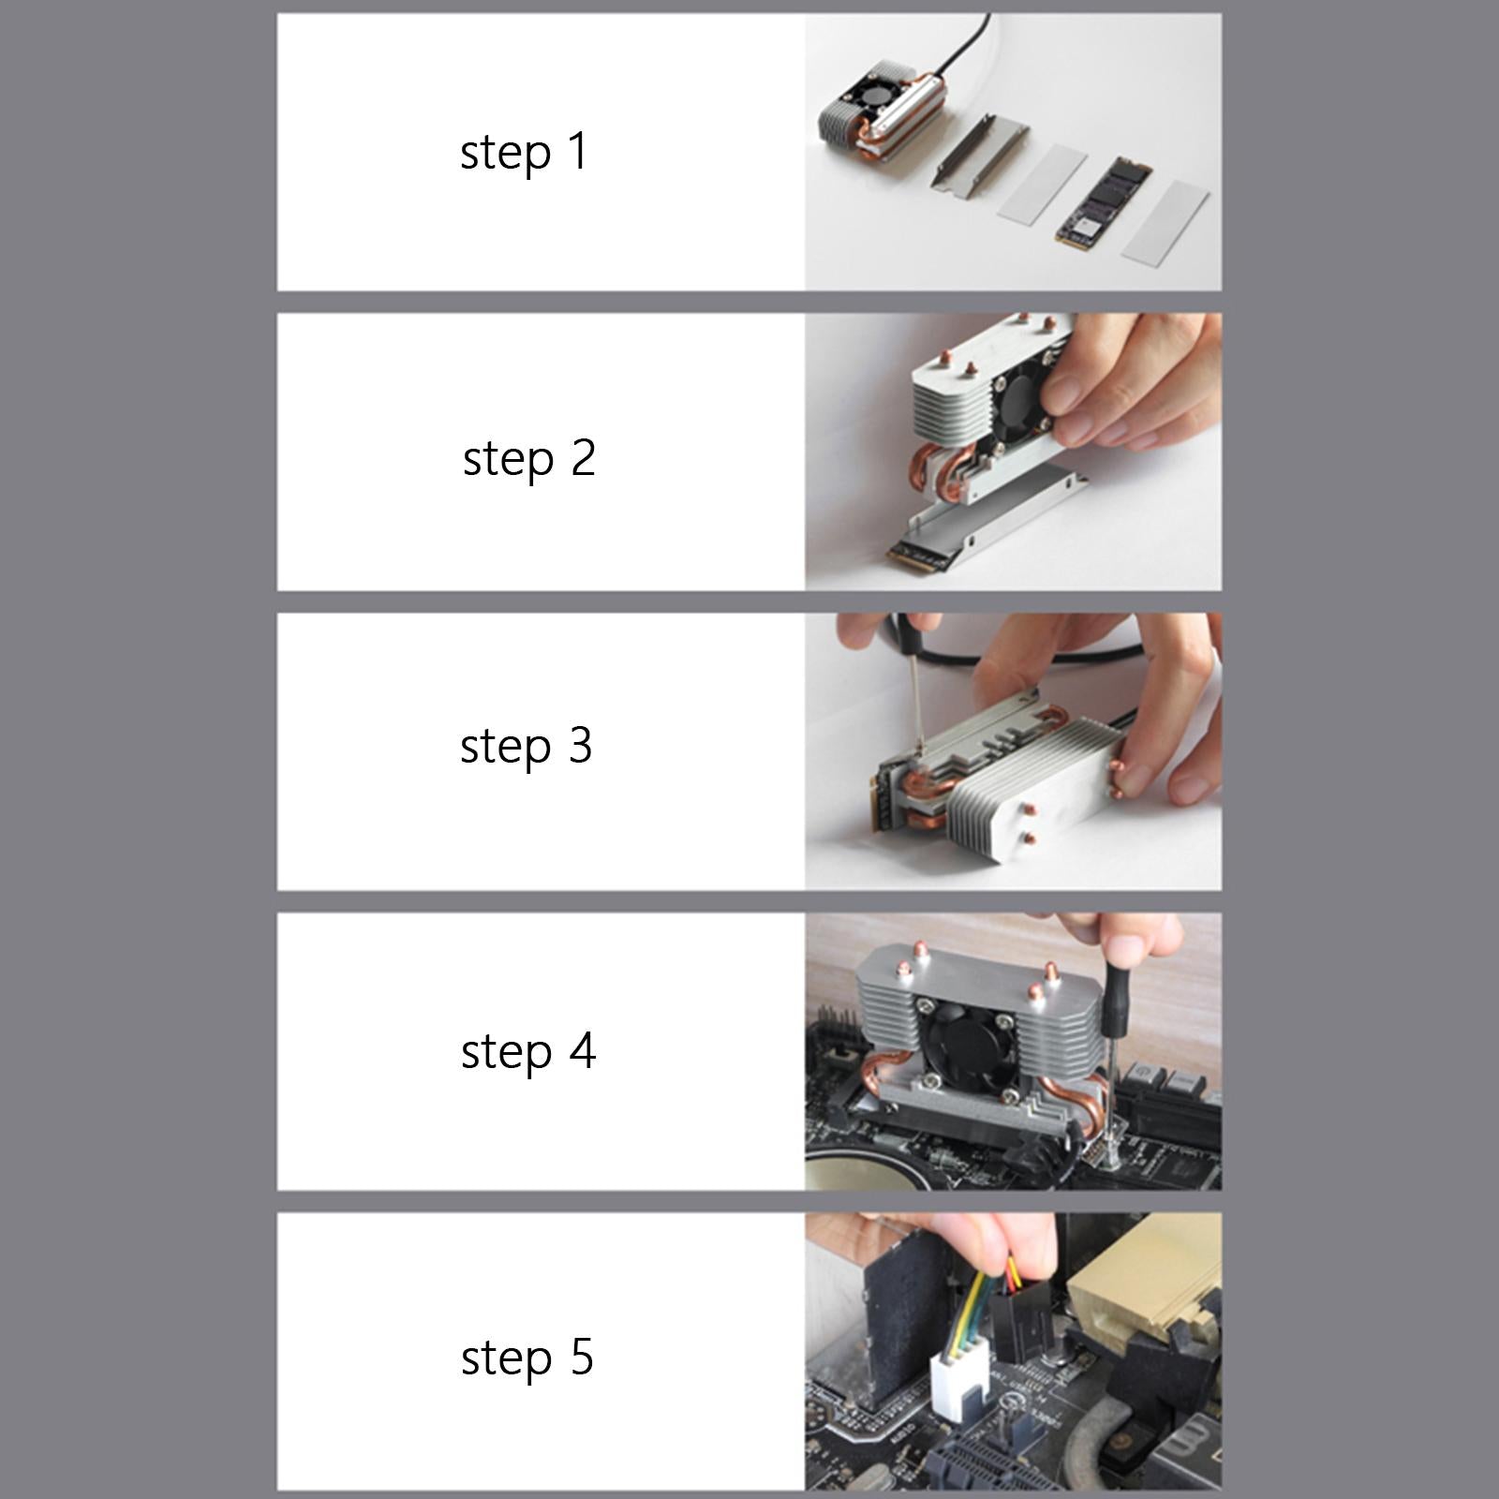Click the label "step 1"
coord(524,153)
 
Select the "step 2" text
coord(529,459)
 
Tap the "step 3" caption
coord(527,747)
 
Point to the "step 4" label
coord(528,1051)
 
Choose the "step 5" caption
coord(527,1358)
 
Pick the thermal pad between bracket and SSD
coord(1042,183)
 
